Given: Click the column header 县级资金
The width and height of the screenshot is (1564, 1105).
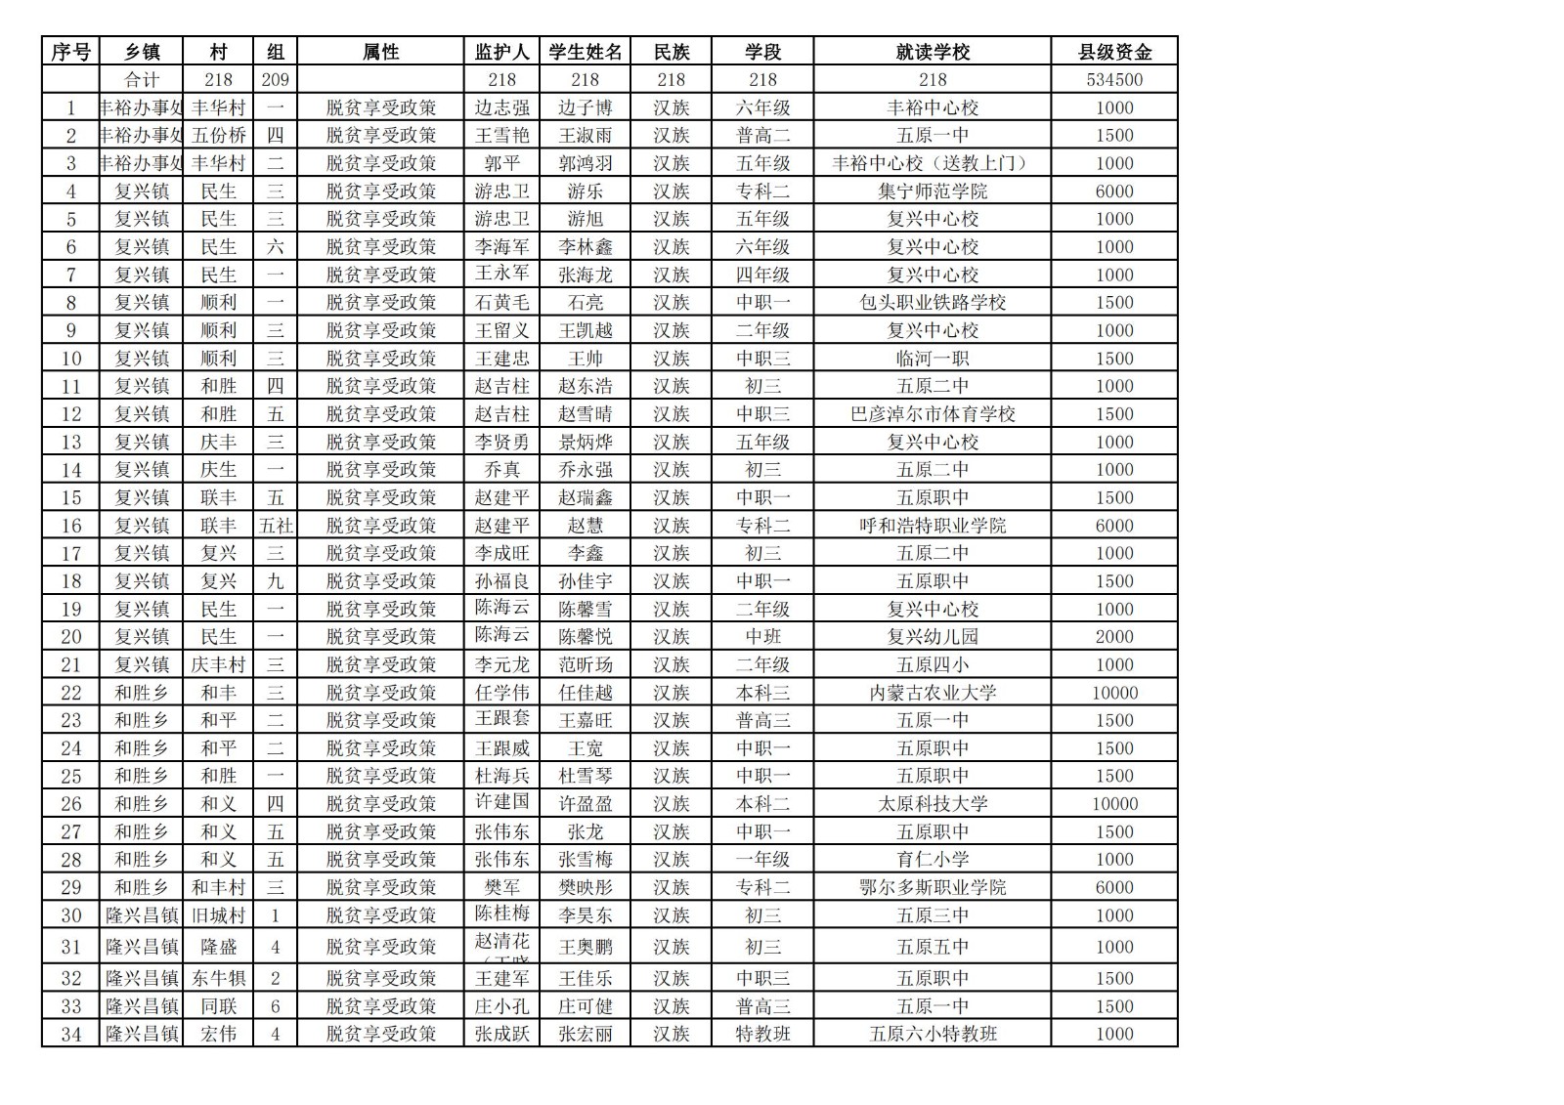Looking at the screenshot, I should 1114,52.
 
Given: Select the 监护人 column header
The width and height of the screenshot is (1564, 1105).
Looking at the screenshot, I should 501,52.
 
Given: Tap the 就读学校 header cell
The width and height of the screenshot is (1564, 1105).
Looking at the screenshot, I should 932,52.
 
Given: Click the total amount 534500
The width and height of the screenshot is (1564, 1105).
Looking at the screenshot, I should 1114,80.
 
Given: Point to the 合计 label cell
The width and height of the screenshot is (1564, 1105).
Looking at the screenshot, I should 142,80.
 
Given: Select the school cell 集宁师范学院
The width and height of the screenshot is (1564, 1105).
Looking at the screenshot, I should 932,191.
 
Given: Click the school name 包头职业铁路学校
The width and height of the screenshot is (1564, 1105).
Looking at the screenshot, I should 932,303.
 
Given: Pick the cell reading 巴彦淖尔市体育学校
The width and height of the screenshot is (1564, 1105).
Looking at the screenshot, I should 932,414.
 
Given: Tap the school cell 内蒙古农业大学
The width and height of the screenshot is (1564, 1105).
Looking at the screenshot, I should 932,693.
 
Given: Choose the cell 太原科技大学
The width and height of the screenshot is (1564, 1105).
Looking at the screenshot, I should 932,804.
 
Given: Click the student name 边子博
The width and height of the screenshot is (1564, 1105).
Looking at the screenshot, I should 585,107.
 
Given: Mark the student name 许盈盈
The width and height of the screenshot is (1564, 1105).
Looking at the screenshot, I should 585,804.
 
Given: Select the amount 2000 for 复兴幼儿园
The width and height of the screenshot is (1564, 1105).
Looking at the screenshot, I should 1114,637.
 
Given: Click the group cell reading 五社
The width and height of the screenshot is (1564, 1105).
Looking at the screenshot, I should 276,526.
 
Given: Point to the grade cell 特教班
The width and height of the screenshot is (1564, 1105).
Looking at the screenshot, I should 762,1034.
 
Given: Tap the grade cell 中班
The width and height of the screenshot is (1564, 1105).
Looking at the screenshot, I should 762,637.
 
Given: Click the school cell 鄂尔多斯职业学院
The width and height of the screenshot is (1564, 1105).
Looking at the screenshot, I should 932,887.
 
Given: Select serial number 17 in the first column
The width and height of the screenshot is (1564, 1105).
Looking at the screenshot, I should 71,553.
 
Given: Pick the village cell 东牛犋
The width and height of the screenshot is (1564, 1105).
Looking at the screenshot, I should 218,978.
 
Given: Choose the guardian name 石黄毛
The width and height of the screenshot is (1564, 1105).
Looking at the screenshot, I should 501,303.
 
